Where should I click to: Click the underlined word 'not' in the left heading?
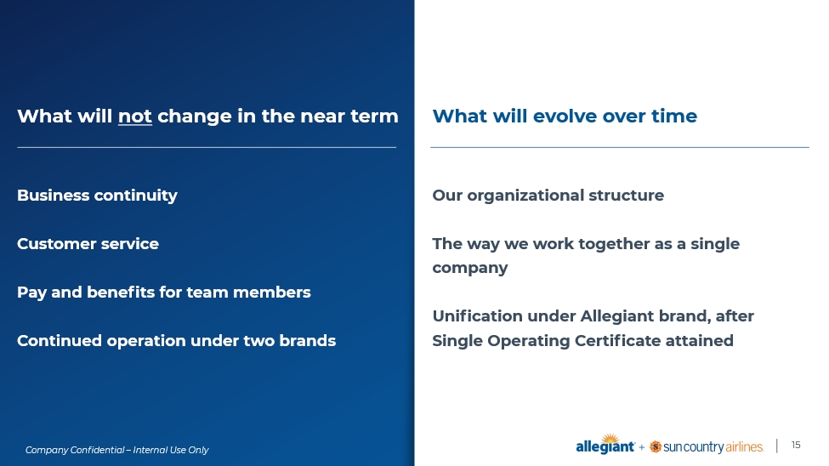click(x=135, y=116)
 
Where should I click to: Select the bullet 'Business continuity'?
click(x=97, y=196)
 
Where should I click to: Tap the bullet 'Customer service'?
click(x=88, y=244)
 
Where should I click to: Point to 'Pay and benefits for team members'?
click(x=164, y=293)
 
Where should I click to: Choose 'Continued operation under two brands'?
click(x=177, y=341)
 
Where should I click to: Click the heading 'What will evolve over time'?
click(x=565, y=116)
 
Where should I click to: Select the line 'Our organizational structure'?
click(x=548, y=196)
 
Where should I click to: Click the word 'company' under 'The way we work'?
click(x=470, y=268)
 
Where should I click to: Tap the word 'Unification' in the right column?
click(x=477, y=316)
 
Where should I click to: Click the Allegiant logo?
click(x=605, y=444)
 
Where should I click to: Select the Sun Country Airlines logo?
click(x=707, y=447)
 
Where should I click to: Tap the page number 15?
click(x=796, y=446)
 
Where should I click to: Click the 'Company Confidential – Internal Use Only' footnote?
click(x=116, y=450)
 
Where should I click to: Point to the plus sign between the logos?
click(x=642, y=447)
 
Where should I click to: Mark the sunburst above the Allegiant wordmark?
click(x=610, y=439)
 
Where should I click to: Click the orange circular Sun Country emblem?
click(x=656, y=447)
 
